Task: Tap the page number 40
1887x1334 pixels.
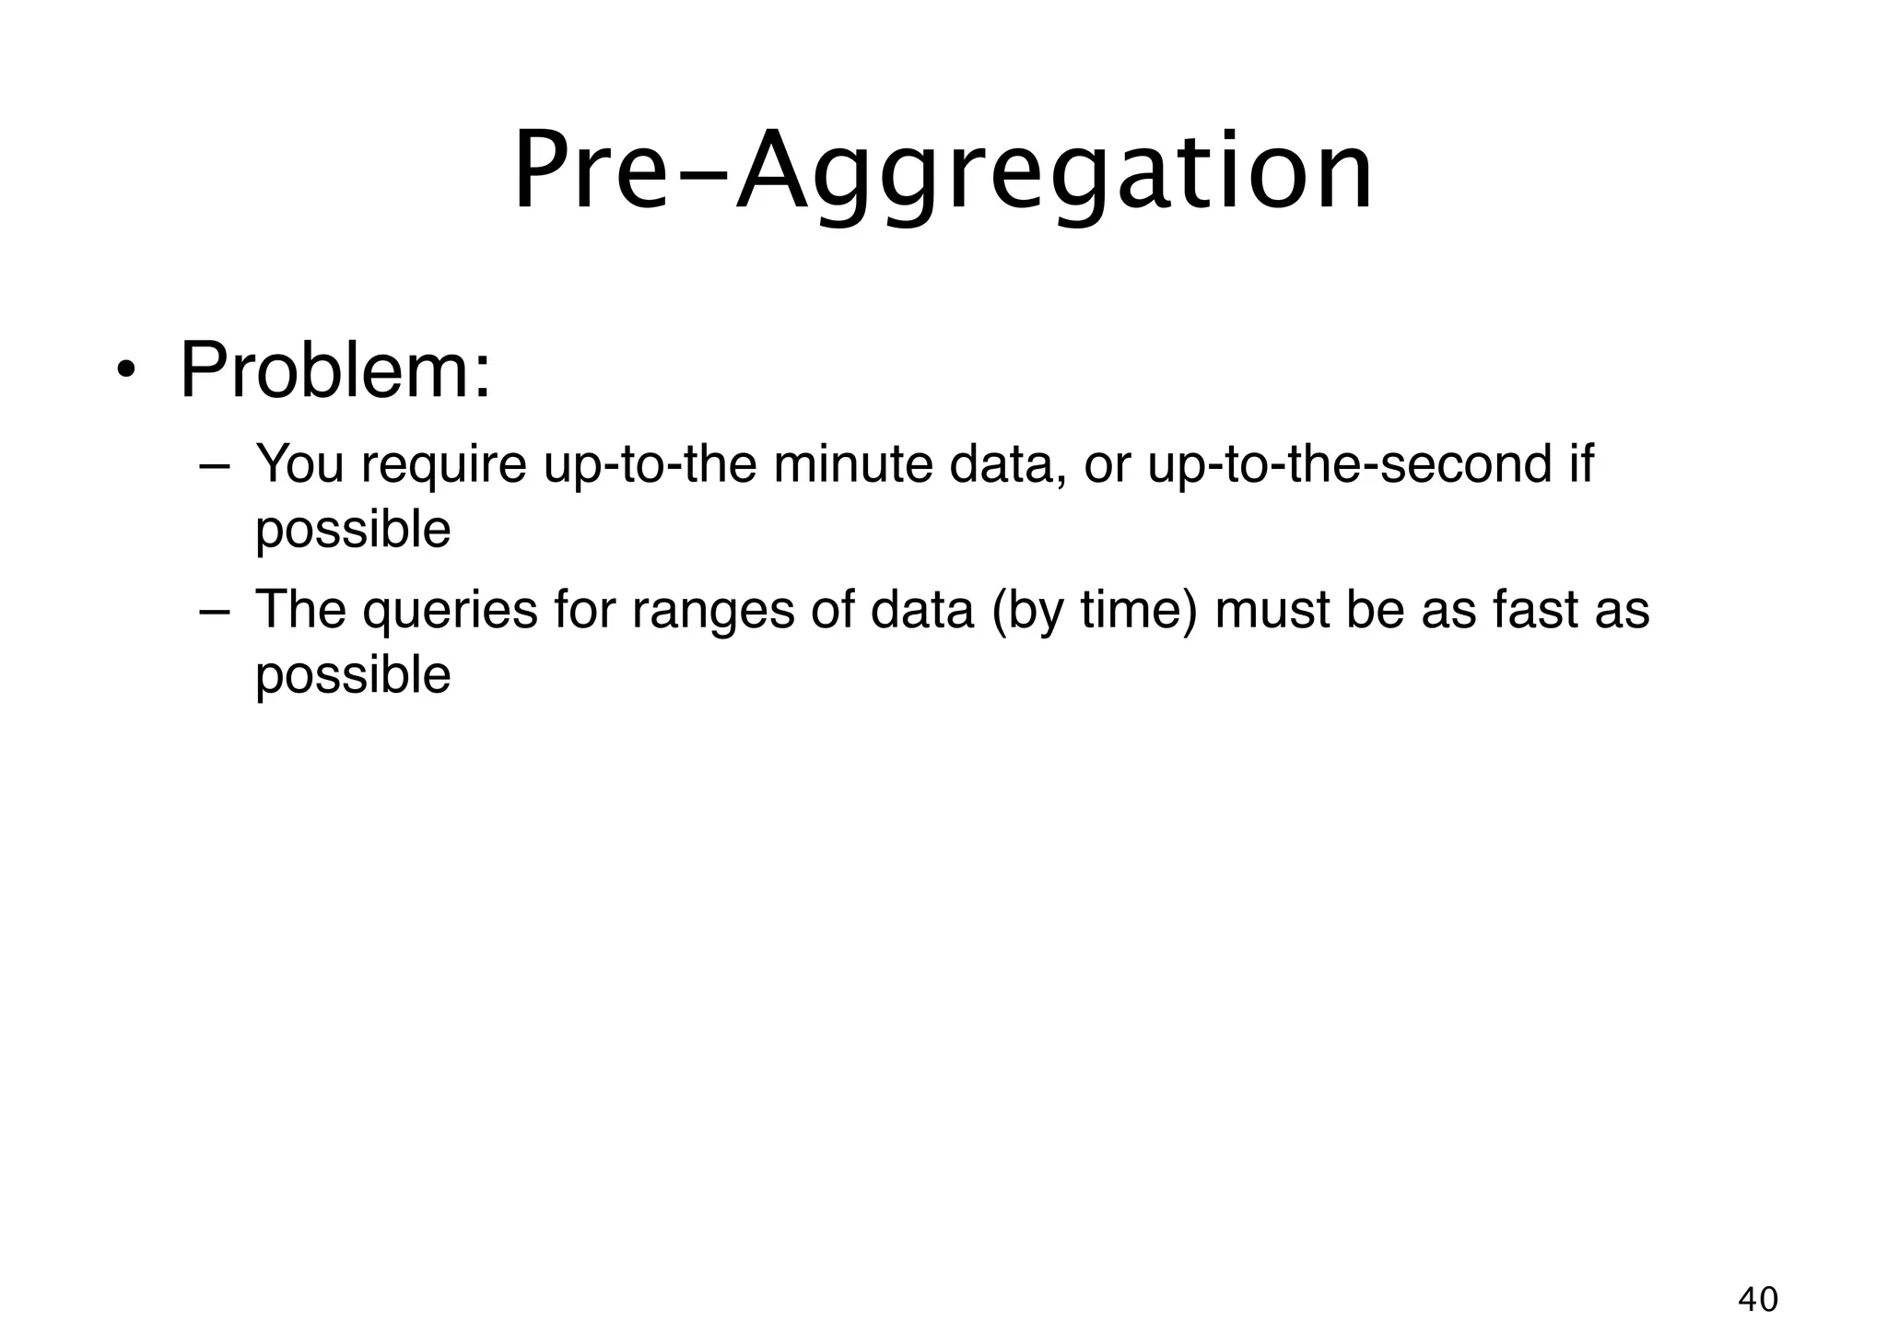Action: tap(1758, 1299)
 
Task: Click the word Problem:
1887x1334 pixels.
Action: tap(335, 371)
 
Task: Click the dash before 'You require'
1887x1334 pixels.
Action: tap(212, 465)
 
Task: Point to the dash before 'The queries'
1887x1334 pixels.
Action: tap(212, 611)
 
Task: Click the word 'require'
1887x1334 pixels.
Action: tap(443, 465)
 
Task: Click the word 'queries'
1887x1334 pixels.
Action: tap(449, 611)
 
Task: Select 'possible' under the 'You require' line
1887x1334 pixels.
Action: tap(353, 532)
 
